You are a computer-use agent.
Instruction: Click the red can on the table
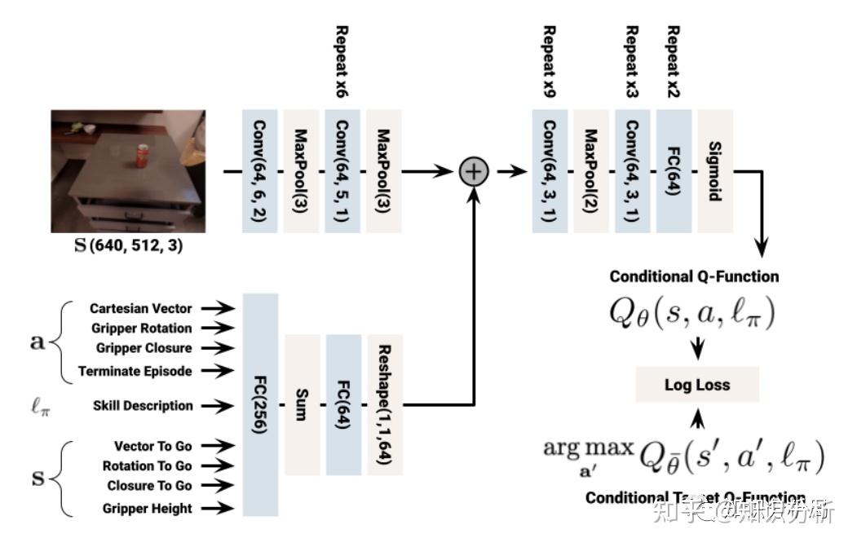[142, 155]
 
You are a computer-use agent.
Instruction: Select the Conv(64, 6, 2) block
[260, 172]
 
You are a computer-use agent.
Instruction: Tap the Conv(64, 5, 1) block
[343, 172]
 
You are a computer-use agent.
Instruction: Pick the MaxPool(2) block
[592, 172]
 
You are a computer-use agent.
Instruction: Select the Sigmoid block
[715, 172]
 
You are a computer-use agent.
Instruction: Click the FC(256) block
[260, 405]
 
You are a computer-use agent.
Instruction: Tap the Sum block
[302, 405]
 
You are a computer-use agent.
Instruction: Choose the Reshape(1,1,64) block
[385, 405]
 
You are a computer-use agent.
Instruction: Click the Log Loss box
[696, 385]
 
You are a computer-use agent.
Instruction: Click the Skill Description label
[143, 405]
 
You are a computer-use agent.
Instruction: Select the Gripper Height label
[148, 508]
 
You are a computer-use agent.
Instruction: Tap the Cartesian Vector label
[141, 308]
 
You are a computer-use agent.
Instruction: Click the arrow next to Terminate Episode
[218, 371]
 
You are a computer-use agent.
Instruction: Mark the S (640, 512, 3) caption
[129, 245]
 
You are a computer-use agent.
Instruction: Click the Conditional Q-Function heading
[694, 276]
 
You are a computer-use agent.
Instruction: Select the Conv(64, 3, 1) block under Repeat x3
[633, 172]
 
